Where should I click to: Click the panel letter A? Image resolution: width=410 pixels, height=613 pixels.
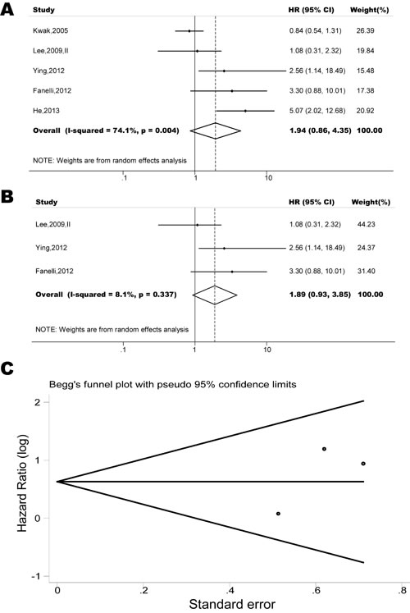[7, 8]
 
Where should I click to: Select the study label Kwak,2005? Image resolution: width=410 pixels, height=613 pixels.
[50, 30]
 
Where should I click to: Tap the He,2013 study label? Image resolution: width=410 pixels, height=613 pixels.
[46, 111]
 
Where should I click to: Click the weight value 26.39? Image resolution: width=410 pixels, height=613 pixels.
[365, 30]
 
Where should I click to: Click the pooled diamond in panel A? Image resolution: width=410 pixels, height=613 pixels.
[216, 130]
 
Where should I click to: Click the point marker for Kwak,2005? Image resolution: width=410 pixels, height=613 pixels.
[189, 30]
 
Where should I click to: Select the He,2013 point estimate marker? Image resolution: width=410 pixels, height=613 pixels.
[246, 111]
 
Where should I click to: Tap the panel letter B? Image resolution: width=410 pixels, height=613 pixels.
[7, 196]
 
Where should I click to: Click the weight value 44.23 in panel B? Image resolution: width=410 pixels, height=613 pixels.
[367, 224]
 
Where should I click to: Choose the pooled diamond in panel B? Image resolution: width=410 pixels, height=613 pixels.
[215, 295]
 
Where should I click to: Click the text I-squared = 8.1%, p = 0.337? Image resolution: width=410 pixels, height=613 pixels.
[122, 295]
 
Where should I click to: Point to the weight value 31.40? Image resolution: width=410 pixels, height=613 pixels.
[367, 271]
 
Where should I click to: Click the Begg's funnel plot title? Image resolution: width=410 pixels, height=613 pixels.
[172, 384]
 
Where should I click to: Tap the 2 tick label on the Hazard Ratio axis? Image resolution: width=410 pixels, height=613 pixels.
[38, 402]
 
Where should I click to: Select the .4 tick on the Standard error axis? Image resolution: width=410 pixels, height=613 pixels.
[230, 590]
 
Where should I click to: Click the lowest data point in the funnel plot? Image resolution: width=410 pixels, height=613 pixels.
[278, 514]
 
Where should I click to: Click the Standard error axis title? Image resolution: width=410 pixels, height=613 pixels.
[232, 604]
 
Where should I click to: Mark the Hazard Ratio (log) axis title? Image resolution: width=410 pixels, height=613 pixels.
[23, 483]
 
